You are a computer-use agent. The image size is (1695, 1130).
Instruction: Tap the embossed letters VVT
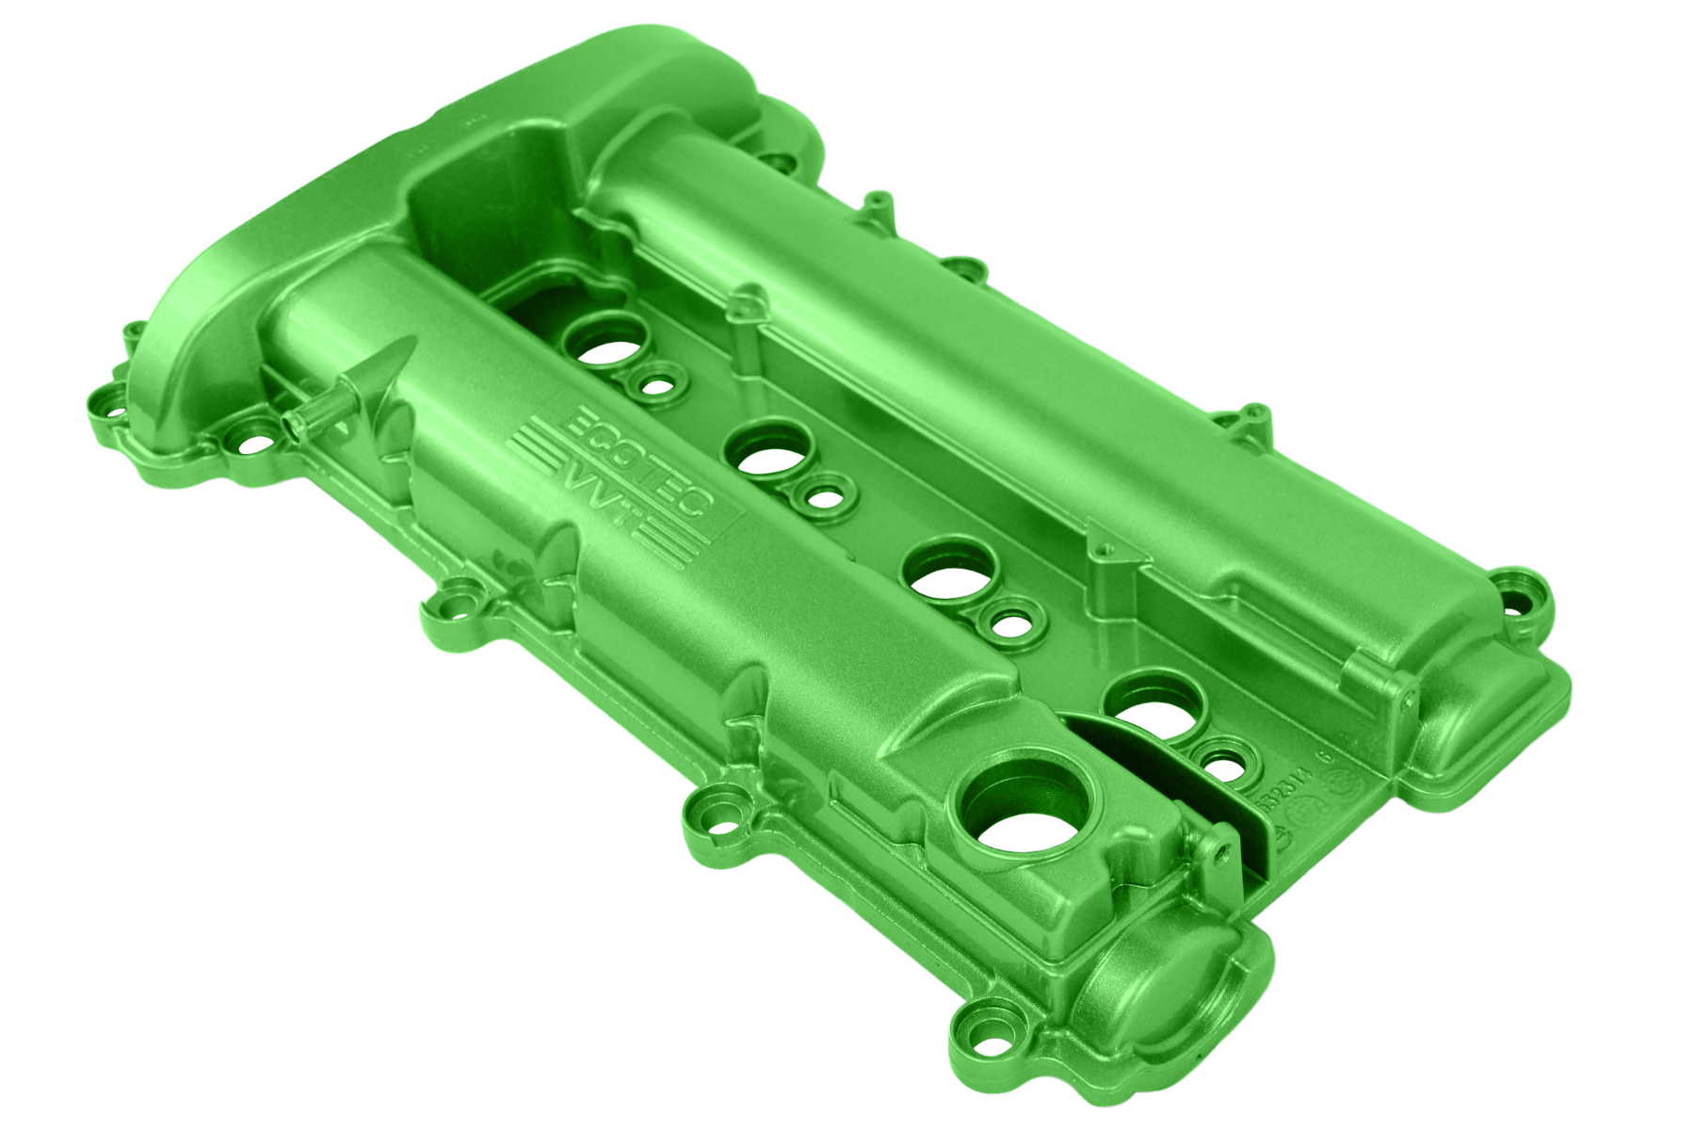pyautogui.click(x=603, y=496)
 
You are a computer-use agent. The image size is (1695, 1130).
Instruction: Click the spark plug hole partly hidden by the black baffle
pyautogui.click(x=1154, y=706)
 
